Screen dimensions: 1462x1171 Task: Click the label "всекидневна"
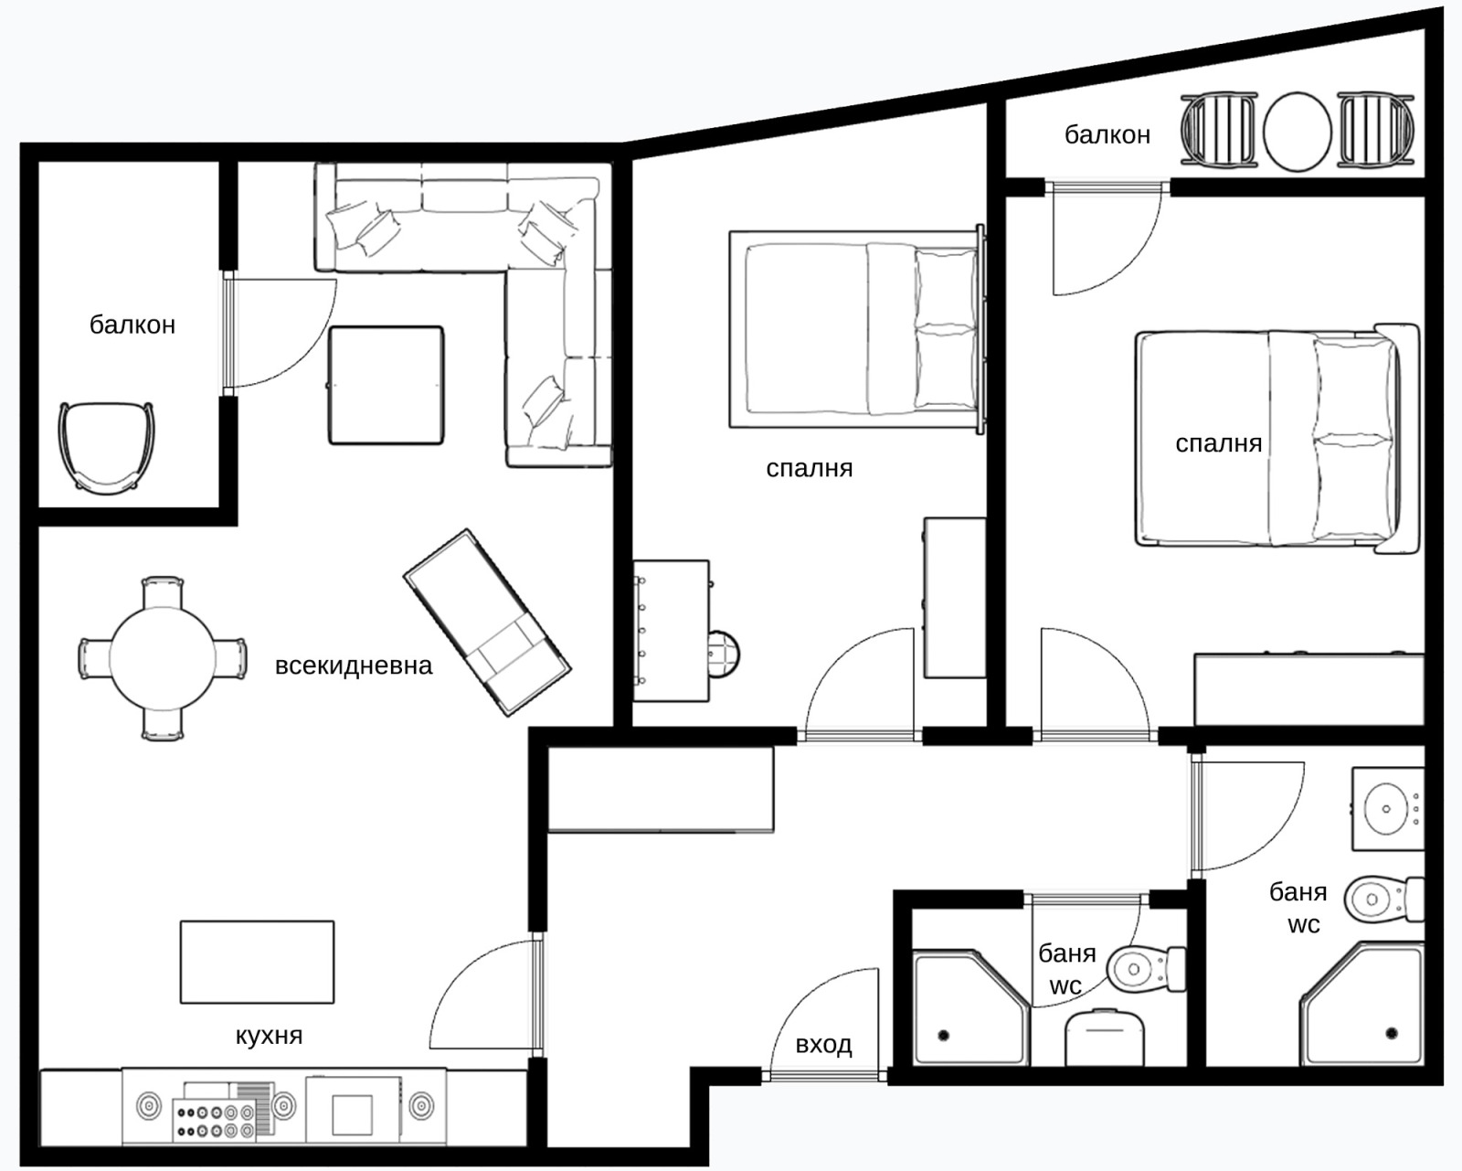pos(354,665)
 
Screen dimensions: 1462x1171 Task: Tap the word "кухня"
pos(269,1035)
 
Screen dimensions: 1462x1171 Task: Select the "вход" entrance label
pos(823,1044)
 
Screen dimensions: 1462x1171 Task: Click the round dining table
pos(163,659)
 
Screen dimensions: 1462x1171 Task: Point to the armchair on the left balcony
pos(107,446)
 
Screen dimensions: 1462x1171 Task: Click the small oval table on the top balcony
pos(1297,132)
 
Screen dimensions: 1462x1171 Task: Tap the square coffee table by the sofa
pos(386,386)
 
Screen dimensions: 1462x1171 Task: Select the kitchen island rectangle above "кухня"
pos(257,962)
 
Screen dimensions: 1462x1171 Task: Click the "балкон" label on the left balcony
pos(132,325)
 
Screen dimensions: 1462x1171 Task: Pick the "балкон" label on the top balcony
pos(1107,134)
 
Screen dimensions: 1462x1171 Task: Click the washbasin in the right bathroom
pos(1386,809)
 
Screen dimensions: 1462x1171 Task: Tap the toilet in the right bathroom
pos(1383,900)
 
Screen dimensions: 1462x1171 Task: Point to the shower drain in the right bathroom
pos(1392,1034)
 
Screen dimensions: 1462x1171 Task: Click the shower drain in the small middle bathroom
pos(944,1035)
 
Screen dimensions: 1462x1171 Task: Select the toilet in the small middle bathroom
pos(1146,969)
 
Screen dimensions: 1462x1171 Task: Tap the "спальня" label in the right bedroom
pos(1219,443)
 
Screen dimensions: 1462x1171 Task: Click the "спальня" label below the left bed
pos(810,468)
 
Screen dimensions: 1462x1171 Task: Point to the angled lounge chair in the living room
pos(487,623)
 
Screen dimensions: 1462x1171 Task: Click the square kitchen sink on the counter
pos(352,1115)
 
